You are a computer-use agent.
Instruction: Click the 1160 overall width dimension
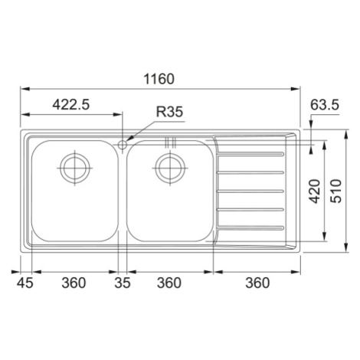click(159, 79)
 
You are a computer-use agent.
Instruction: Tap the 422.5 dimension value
click(71, 104)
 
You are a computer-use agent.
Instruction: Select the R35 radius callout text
click(169, 112)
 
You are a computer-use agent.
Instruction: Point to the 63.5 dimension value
click(325, 105)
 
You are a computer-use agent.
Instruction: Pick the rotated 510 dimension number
click(335, 191)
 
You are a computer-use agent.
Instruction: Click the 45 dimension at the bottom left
click(25, 283)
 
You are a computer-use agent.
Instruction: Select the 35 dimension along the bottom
click(123, 283)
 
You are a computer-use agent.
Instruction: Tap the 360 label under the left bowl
click(74, 283)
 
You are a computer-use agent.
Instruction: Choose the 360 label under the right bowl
click(169, 283)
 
